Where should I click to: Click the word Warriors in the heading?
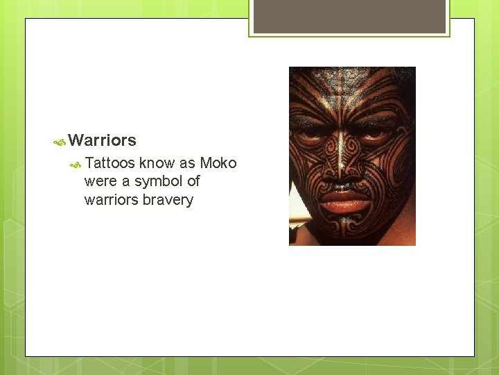103,140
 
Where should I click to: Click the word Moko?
218,163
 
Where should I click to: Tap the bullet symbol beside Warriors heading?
60,141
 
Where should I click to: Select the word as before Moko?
188,163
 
